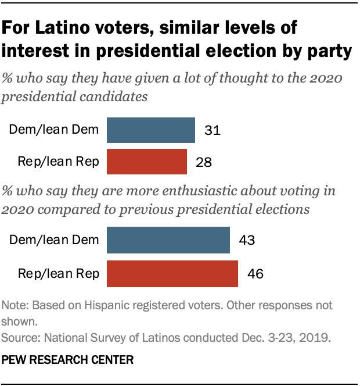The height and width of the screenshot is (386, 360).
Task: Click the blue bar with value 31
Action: (x=151, y=130)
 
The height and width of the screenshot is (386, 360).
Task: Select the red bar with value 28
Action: (x=147, y=161)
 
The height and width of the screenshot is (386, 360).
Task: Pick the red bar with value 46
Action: (x=172, y=272)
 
